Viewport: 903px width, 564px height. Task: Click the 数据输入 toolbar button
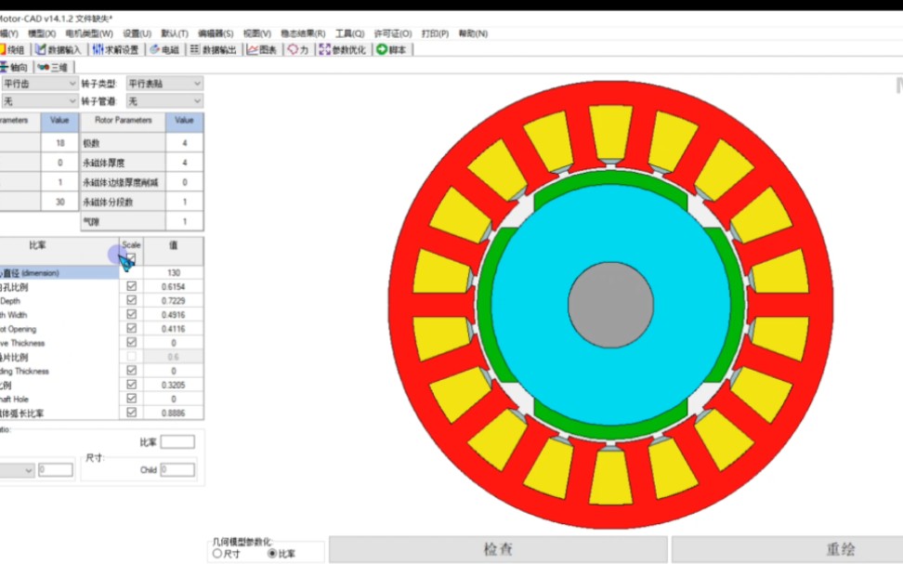pyautogui.click(x=59, y=49)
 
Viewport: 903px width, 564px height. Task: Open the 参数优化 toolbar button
pyautogui.click(x=343, y=49)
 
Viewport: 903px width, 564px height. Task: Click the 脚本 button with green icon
pyautogui.click(x=391, y=49)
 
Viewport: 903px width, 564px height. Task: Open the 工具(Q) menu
pyautogui.click(x=349, y=33)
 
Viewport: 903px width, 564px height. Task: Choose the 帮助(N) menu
pyautogui.click(x=473, y=33)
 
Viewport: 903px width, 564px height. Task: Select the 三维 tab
pyautogui.click(x=53, y=67)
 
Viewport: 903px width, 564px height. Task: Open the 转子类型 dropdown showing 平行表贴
pyautogui.click(x=164, y=84)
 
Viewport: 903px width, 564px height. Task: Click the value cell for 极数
pyautogui.click(x=184, y=143)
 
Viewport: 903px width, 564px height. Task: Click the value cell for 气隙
pyautogui.click(x=184, y=221)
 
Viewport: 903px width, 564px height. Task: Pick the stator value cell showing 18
pyautogui.click(x=60, y=143)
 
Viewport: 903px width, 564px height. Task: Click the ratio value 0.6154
pyautogui.click(x=173, y=287)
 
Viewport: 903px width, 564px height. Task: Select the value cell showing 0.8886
pyautogui.click(x=173, y=413)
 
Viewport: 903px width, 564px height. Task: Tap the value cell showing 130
pyautogui.click(x=173, y=273)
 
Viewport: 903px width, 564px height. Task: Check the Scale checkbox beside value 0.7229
pyautogui.click(x=131, y=301)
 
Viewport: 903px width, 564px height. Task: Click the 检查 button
pyautogui.click(x=498, y=549)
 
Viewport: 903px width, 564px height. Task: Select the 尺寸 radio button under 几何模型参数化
pyautogui.click(x=217, y=553)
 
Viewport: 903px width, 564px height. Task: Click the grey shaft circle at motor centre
pyautogui.click(x=610, y=305)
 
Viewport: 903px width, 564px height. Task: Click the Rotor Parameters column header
pyautogui.click(x=123, y=121)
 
